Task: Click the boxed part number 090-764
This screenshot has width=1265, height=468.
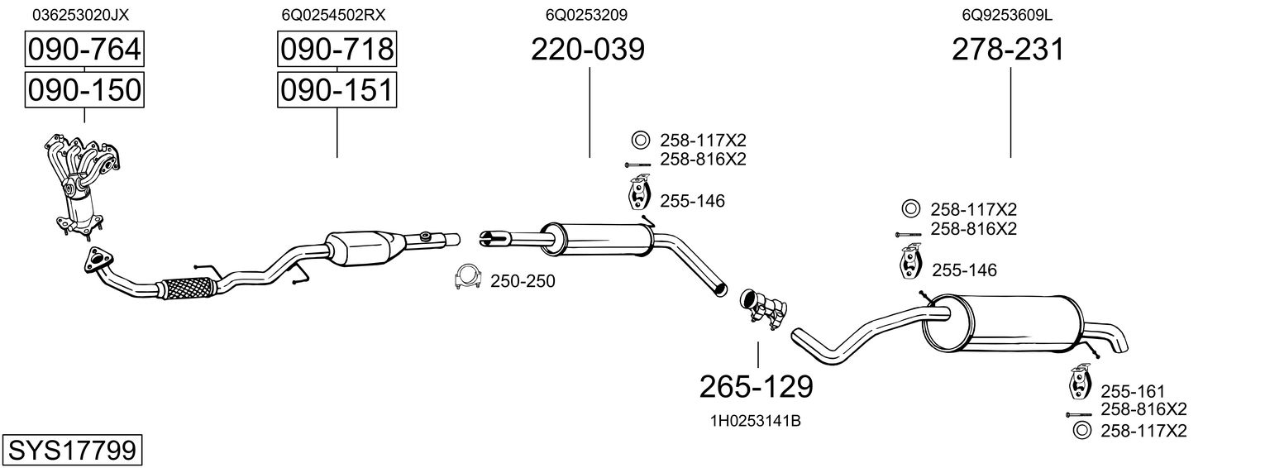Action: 84,50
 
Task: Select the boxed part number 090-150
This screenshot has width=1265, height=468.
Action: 84,89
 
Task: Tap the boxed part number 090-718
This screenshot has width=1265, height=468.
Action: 337,50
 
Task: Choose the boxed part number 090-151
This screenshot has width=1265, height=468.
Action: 337,89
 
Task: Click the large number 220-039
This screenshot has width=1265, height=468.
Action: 588,50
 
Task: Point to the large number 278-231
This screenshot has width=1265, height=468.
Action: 1008,50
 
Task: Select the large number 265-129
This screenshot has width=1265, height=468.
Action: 757,385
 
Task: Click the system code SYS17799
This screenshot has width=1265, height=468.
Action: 71,451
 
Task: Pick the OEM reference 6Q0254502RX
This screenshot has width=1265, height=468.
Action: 333,15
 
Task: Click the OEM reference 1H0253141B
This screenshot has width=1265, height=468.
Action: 755,421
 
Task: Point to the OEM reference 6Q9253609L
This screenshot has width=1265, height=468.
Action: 1006,15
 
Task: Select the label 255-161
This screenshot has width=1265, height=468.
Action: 1132,391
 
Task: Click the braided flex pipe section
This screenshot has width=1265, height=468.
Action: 189,288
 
